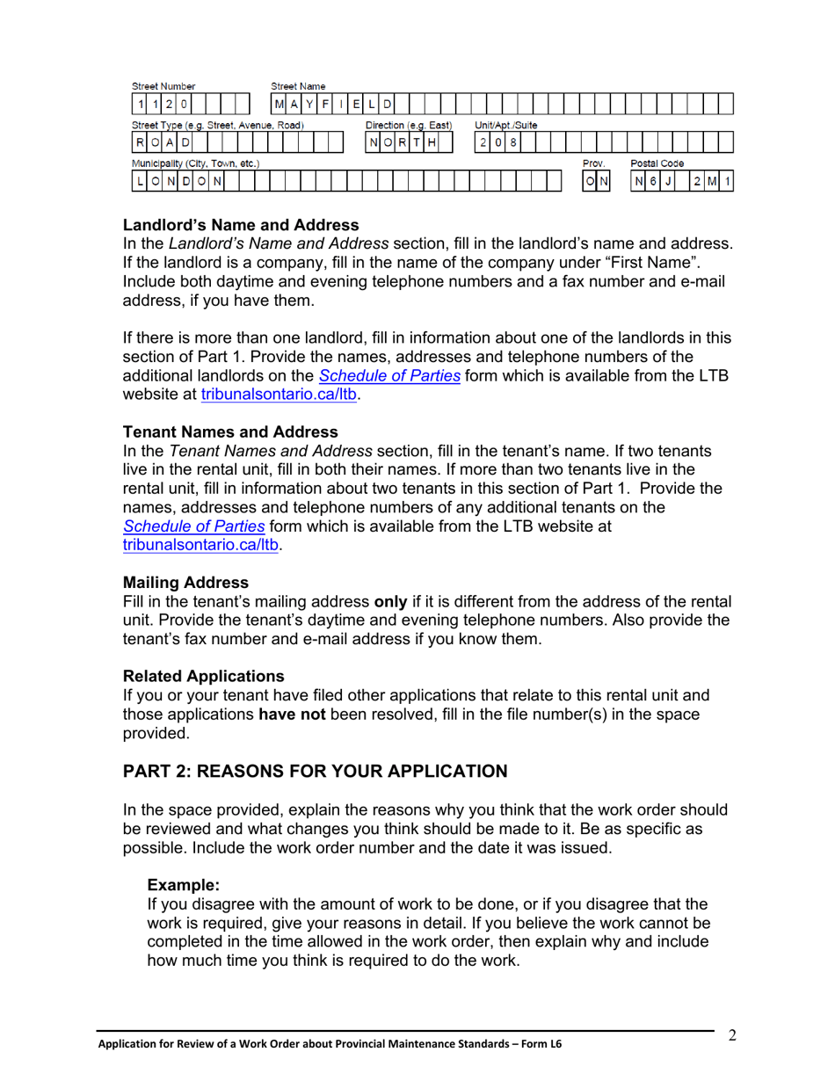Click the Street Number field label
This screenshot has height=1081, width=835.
tap(163, 86)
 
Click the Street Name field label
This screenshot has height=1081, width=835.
tap(298, 86)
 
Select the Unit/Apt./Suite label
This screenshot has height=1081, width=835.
tap(506, 126)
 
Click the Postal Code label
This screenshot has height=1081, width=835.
tap(657, 163)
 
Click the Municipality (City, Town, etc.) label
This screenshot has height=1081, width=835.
tap(195, 163)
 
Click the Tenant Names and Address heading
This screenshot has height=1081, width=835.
tap(230, 432)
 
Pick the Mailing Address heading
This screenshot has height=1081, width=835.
tap(185, 582)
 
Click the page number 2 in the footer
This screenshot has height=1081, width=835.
tap(731, 1035)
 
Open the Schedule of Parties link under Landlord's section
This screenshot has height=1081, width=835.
tap(389, 377)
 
